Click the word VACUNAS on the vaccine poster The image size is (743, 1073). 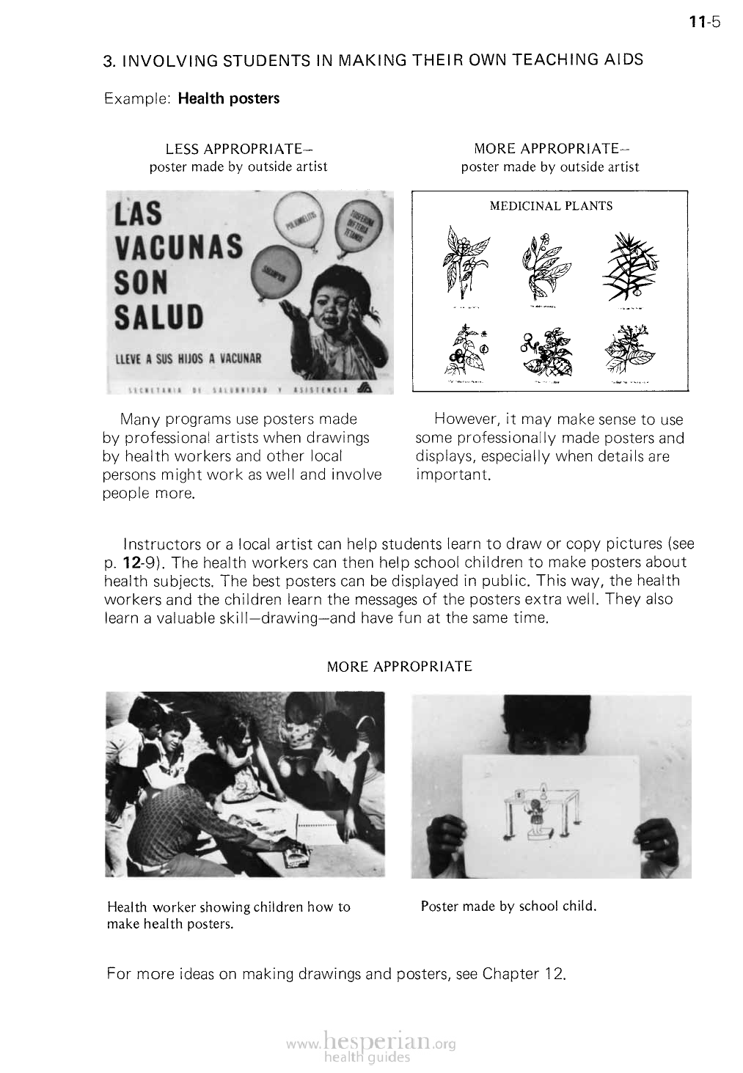coord(178,246)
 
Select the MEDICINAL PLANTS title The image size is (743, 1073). coord(550,206)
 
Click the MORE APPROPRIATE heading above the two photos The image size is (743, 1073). coord(399,667)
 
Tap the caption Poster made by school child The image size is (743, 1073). coord(508,906)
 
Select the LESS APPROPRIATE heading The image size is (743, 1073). coord(235,149)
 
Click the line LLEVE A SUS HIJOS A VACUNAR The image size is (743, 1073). coord(187,359)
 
